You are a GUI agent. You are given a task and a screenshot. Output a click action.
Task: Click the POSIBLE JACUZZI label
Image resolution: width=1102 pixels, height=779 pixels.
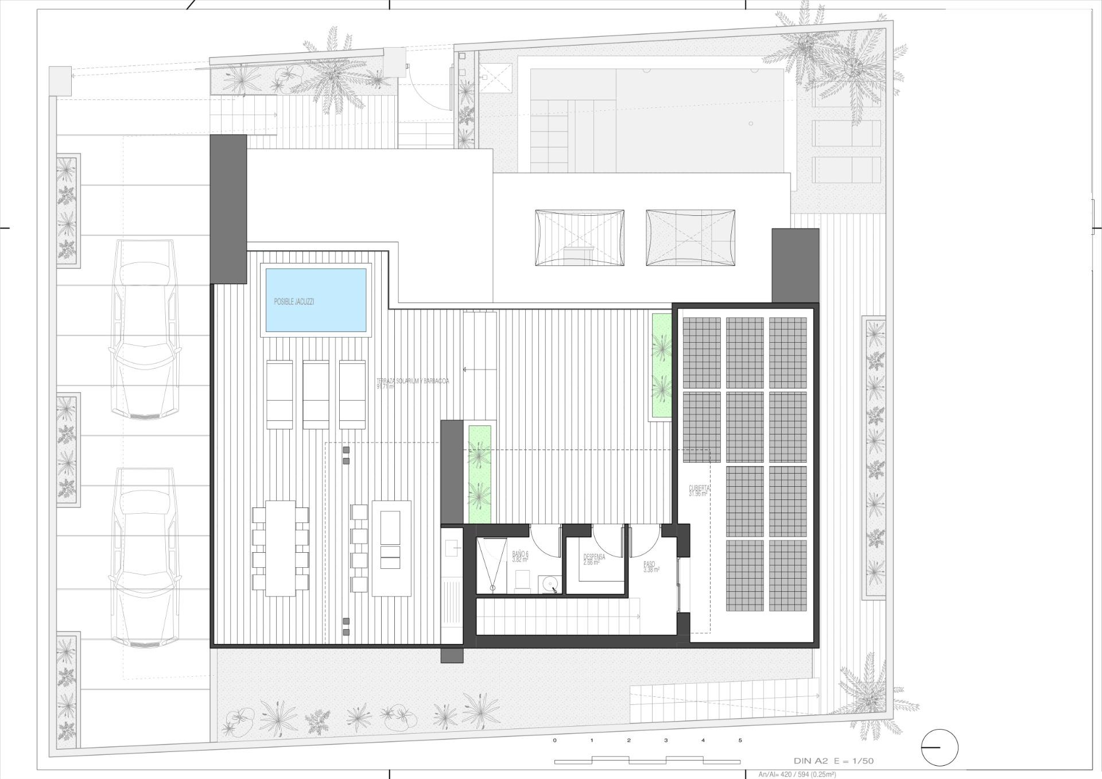coord(294,301)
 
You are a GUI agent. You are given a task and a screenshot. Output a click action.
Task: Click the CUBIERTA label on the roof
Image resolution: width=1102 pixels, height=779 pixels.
coord(699,490)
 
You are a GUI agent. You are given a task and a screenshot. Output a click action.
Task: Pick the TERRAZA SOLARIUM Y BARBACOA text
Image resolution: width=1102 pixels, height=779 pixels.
coord(412,383)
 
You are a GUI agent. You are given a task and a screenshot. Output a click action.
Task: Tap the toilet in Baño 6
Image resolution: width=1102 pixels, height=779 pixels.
coord(522,582)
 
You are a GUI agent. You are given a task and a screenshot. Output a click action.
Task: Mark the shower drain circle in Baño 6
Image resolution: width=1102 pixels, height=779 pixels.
coord(492,588)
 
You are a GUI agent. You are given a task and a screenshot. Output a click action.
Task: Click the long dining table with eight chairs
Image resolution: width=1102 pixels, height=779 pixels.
coord(280,548)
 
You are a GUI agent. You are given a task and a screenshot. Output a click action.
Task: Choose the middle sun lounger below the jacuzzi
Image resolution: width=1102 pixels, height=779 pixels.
coord(316,394)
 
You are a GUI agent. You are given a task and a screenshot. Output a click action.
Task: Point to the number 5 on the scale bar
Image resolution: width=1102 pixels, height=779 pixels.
coord(740,741)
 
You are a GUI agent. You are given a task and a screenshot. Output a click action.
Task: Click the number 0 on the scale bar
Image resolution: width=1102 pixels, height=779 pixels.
coord(554,741)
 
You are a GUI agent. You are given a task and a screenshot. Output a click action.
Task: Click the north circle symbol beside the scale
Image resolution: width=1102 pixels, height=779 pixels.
coord(940,747)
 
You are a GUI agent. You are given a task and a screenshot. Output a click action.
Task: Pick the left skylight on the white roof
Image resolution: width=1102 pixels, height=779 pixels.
coord(579,238)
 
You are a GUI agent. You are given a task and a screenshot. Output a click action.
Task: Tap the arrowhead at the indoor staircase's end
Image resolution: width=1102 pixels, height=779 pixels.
coord(638,617)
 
